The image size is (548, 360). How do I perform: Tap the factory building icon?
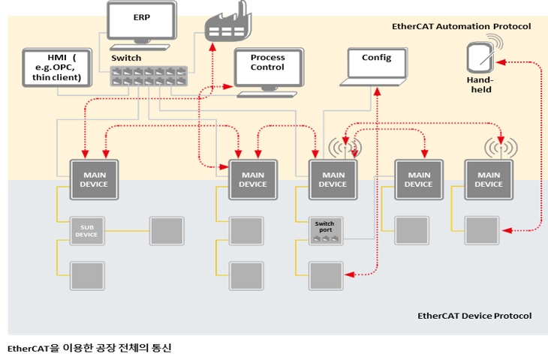coord(227,25)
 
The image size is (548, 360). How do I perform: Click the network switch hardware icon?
coord(148,76)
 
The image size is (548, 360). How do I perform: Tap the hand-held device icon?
coord(480,58)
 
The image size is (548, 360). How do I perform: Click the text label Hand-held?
coord(480,84)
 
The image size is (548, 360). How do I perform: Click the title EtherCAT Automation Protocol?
coord(461,26)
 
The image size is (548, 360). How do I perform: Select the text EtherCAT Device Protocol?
coord(474,316)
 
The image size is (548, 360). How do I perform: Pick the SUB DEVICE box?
coord(86,231)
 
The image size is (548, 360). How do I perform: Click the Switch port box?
coord(325,231)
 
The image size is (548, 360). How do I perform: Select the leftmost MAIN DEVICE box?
coord(94,179)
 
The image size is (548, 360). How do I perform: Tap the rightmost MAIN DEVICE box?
coord(489,179)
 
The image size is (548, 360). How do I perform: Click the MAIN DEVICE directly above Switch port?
coord(333,179)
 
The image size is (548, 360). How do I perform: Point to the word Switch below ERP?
coord(126,58)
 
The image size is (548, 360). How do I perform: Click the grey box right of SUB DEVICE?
coord(166,231)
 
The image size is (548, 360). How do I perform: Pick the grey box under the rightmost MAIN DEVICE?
coord(481,231)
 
